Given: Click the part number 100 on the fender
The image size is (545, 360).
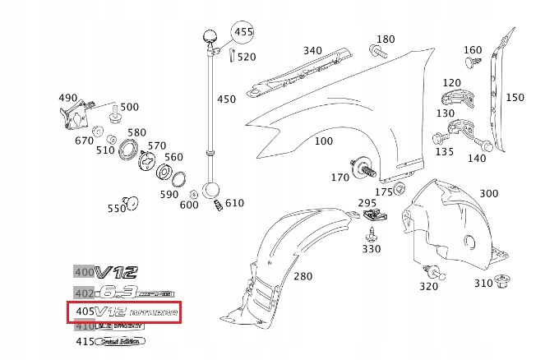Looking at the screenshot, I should click(x=324, y=141).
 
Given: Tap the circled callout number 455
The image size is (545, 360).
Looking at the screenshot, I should click(x=242, y=33).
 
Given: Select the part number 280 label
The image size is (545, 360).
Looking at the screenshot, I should click(x=303, y=276).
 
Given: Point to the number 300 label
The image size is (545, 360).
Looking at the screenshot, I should click(x=488, y=193).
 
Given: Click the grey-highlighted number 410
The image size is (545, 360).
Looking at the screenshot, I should click(x=84, y=326).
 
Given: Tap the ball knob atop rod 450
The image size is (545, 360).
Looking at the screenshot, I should click(x=210, y=37).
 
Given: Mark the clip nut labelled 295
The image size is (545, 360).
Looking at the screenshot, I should click(x=375, y=216).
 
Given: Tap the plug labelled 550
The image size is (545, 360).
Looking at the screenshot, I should click(x=127, y=200).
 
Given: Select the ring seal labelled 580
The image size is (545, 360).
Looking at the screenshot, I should click(x=128, y=150).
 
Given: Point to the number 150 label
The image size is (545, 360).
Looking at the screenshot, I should click(x=514, y=97).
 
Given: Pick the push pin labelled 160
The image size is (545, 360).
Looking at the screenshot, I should click(x=471, y=62).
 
